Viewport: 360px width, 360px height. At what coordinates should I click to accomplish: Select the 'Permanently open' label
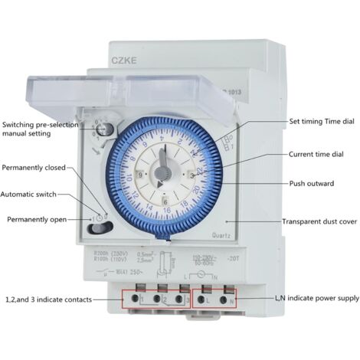[x=41, y=220]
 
